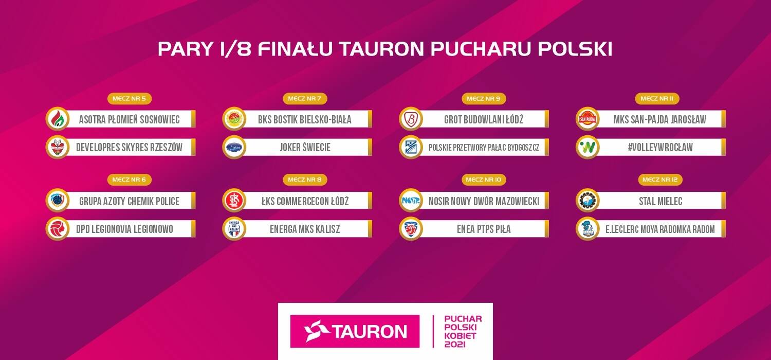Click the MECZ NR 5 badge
coord(130,99)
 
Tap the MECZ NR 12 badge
coord(660,179)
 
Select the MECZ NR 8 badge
coord(305,179)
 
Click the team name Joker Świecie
coord(305,148)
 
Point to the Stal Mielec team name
coord(660,201)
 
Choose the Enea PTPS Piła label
coord(484,229)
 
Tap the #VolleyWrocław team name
coord(660,148)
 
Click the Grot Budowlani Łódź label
coord(484,119)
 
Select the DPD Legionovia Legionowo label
coord(124,229)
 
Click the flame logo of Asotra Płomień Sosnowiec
coord(58,119)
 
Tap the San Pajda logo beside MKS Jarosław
coord(588,119)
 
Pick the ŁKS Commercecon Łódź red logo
coord(234,201)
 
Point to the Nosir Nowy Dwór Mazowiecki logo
coord(411,201)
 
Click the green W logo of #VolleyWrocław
coord(588,148)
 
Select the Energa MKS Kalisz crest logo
coord(234,228)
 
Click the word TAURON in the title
coord(382,49)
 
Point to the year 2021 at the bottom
coord(455,344)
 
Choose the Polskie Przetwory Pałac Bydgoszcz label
coord(484,148)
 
